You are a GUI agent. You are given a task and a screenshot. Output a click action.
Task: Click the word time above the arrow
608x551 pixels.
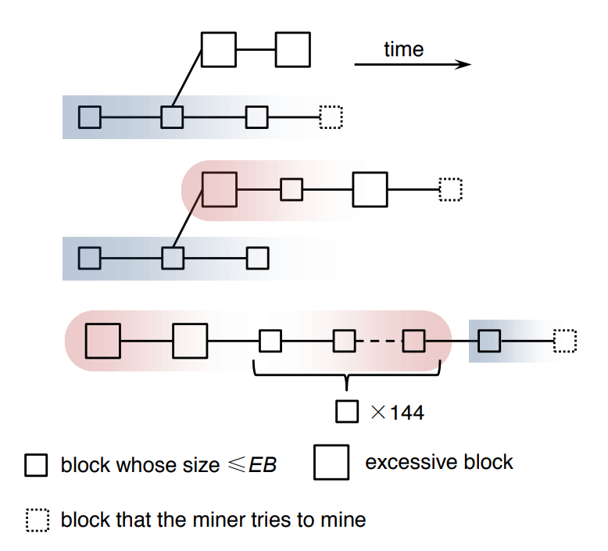pos(403,50)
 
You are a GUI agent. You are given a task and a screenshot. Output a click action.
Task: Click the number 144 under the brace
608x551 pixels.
pos(406,413)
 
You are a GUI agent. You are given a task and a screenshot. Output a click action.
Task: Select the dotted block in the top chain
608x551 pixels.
pos(331,117)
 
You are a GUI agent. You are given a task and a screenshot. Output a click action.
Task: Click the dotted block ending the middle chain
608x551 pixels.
pos(451,189)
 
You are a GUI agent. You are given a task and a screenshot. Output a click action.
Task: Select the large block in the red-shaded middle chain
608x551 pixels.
pos(220,189)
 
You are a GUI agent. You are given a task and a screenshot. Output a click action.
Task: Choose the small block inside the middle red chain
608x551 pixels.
pos(291,189)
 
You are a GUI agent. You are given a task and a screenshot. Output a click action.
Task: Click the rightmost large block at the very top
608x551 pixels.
pos(293,49)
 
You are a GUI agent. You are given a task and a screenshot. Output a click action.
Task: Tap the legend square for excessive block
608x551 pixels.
pos(331,463)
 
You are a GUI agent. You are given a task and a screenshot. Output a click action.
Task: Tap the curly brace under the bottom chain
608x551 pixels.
pos(347,377)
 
